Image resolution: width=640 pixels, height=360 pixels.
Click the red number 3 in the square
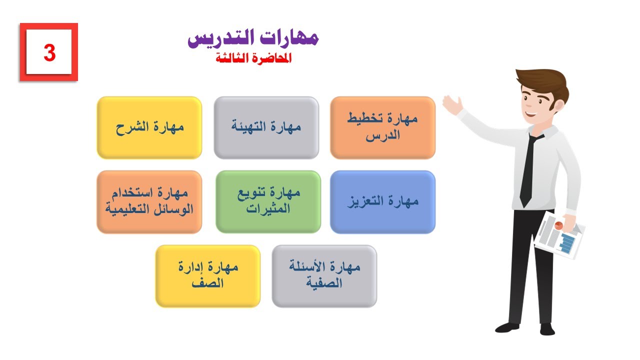[49, 52]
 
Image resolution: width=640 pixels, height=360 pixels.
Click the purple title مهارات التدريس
[253, 39]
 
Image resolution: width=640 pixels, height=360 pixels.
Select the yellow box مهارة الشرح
[149, 127]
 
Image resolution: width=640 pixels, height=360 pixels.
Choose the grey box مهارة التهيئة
[266, 127]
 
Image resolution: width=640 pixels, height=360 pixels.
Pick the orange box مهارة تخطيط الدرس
[382, 127]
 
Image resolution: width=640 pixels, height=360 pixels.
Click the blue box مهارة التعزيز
[382, 201]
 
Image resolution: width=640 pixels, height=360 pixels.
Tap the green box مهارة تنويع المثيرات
[268, 201]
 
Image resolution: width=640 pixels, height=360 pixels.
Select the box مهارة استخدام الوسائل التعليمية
[149, 201]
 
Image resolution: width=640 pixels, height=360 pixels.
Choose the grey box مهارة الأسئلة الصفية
[324, 275]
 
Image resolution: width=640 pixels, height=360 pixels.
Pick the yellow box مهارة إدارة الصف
[208, 275]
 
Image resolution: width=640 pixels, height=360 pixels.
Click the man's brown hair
[542, 82]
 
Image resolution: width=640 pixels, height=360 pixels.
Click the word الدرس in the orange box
[383, 136]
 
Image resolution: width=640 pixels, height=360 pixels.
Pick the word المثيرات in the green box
[268, 209]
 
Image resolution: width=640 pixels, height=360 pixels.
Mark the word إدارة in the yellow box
[190, 267]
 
